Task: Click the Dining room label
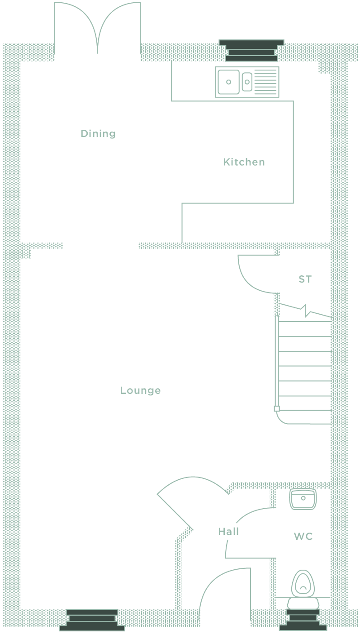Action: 98,134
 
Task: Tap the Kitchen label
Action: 244,162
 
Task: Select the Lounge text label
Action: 141,390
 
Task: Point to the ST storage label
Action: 305,279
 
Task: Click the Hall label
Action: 228,532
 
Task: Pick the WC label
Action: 303,536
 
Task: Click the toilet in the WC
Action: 303,590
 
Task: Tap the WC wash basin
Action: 303,499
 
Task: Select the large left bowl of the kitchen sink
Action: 228,82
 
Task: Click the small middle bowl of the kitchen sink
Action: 247,82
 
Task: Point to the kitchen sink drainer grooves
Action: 265,82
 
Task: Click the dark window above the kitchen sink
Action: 251,51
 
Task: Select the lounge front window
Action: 92,620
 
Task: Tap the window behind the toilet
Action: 303,620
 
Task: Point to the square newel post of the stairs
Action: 277,409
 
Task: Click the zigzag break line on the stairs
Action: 305,311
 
